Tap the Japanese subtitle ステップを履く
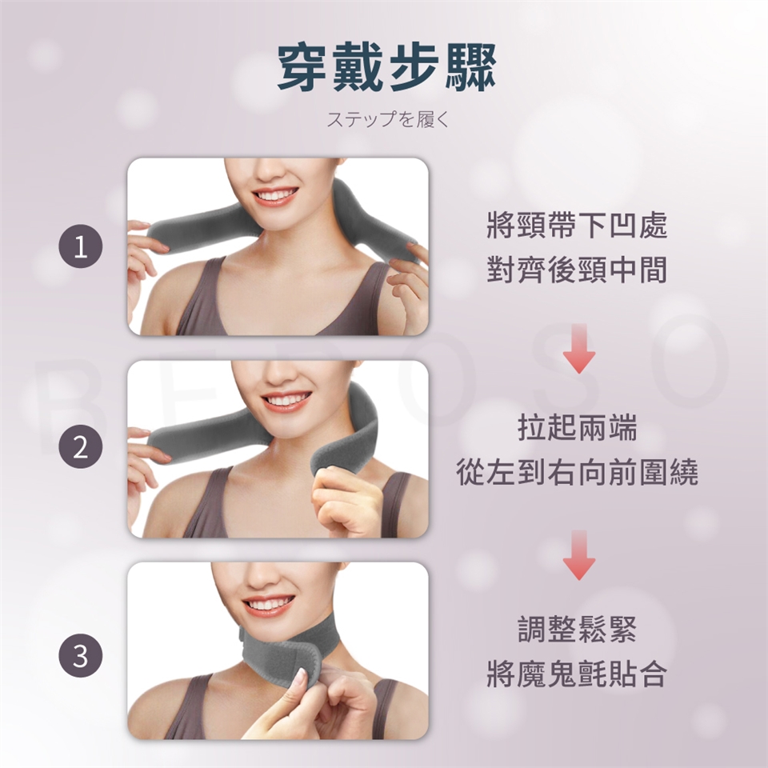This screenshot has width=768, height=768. click(387, 119)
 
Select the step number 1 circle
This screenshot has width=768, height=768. click(81, 246)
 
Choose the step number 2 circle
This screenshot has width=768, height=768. click(81, 446)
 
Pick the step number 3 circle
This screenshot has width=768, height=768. click(81, 655)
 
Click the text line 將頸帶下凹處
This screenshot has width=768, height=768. click(577, 226)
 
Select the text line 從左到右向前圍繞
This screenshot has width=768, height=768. click(578, 472)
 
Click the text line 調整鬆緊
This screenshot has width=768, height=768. click(578, 630)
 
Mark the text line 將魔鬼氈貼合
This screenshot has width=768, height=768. click(577, 674)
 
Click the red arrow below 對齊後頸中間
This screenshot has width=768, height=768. click(578, 348)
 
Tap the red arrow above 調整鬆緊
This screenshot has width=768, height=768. click(578, 555)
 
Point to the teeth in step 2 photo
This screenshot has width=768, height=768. click(283, 401)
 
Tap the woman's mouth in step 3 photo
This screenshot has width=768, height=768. click(269, 605)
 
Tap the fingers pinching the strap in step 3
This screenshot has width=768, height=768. click(304, 695)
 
